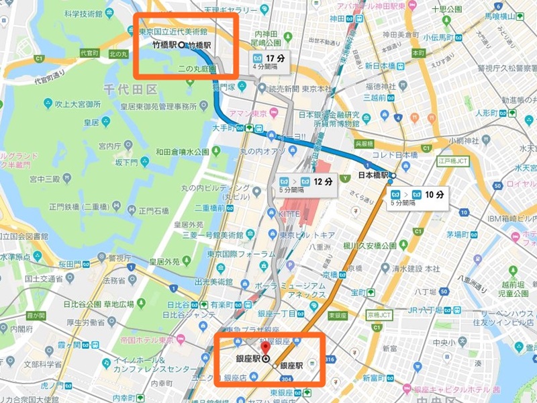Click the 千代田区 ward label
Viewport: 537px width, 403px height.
pos(130,89)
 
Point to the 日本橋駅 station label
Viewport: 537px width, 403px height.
pos(374,176)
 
